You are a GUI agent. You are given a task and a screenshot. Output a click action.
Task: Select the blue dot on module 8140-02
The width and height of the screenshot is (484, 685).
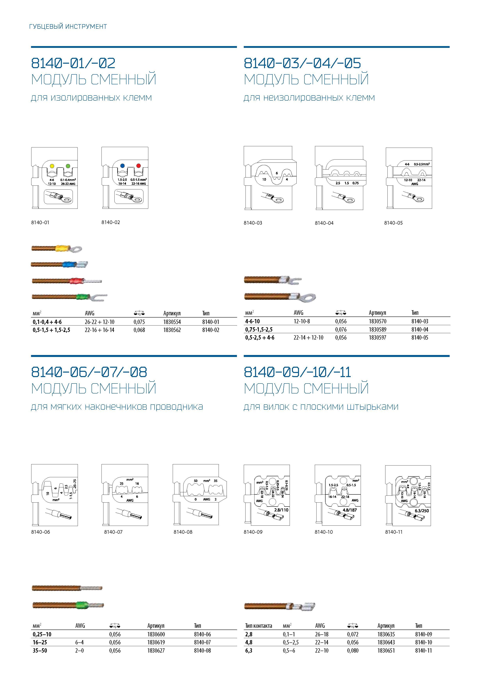tap(122, 166)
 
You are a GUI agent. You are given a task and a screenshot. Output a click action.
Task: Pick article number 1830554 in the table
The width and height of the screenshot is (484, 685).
tap(172, 322)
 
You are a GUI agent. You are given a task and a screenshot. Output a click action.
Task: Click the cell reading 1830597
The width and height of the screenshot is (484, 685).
tap(377, 338)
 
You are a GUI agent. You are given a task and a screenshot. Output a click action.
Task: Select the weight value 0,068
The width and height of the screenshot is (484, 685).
tap(139, 330)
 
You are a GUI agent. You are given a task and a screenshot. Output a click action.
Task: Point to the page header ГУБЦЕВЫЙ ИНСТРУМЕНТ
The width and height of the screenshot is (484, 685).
tap(68, 27)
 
